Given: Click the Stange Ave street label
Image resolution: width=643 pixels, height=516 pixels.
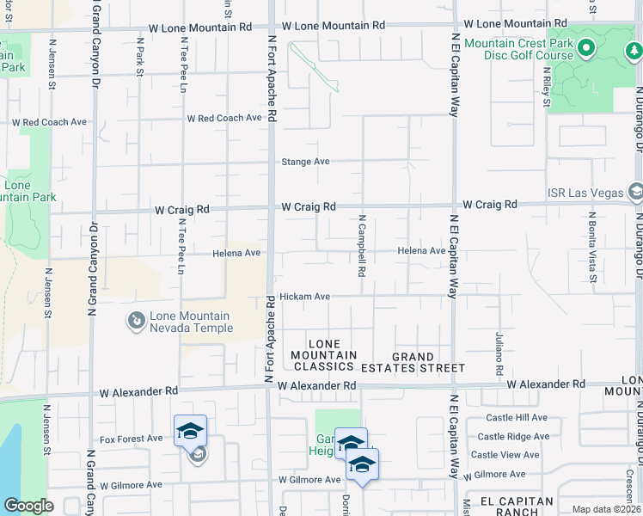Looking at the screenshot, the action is click(x=306, y=162).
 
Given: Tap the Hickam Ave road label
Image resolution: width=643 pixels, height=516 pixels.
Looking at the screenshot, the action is click(x=304, y=297).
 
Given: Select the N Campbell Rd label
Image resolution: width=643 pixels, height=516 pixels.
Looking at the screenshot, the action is click(x=363, y=246).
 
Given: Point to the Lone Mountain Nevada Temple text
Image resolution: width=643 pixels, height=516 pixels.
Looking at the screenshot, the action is click(x=191, y=322).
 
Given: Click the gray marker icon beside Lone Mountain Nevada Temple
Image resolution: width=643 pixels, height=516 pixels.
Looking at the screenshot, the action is click(x=136, y=322).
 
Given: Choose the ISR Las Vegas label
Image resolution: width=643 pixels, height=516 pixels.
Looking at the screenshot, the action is click(x=585, y=193).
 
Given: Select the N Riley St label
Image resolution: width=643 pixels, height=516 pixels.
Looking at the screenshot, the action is click(x=547, y=88).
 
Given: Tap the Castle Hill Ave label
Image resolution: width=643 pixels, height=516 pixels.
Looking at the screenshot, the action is click(x=517, y=417).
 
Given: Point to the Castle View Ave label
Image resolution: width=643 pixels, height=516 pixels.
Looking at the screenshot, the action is click(x=505, y=455).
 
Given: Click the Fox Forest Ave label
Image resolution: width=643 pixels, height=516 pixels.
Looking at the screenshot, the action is click(x=131, y=439).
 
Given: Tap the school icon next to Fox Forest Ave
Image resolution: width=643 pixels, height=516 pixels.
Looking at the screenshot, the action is click(x=190, y=431).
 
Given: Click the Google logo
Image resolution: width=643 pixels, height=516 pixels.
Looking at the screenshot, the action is click(x=28, y=505).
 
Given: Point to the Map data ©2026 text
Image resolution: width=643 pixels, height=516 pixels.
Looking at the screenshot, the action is click(x=605, y=509).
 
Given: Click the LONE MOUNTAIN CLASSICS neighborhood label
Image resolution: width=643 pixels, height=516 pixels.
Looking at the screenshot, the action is click(x=323, y=355).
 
